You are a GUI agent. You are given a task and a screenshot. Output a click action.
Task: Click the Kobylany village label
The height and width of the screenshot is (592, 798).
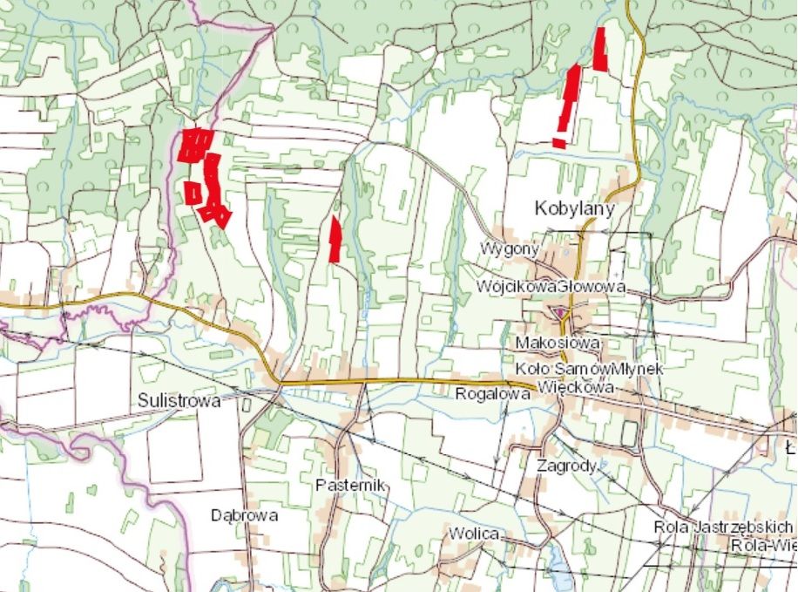pyautogui.click(x=574, y=209)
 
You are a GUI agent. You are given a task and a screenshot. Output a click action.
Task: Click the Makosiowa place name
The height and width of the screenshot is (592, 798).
pyautogui.click(x=558, y=343)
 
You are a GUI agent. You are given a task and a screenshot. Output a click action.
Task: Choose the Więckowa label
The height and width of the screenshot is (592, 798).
pyautogui.click(x=576, y=386)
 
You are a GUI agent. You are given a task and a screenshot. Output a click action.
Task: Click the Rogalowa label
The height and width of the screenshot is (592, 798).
pyautogui.click(x=493, y=394)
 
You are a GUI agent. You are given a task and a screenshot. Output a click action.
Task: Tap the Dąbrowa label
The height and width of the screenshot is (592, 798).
pyautogui.click(x=244, y=515)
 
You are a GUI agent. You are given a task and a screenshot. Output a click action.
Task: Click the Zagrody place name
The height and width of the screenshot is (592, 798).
pyautogui.click(x=566, y=466)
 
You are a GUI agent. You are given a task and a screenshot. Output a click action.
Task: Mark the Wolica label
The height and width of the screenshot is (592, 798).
pyautogui.click(x=474, y=533)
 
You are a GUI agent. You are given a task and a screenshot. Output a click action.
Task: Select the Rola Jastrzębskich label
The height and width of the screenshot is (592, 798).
pyautogui.click(x=725, y=527)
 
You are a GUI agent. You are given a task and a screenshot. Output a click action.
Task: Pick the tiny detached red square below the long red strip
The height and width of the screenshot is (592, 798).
pyautogui.click(x=558, y=142)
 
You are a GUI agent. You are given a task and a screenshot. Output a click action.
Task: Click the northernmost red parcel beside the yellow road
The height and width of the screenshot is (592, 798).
pyautogui.click(x=600, y=49)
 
